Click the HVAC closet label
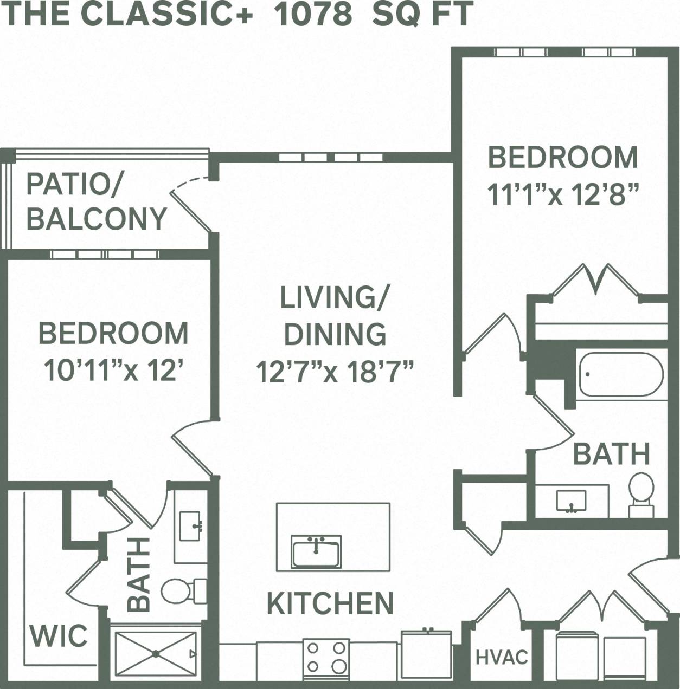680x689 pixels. click(502, 657)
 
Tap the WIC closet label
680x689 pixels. click(59, 636)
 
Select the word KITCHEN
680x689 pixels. click(330, 603)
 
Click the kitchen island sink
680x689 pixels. click(316, 552)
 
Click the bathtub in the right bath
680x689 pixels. click(621, 375)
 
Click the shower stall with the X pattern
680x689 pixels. click(156, 654)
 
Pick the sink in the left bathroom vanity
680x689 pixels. click(190, 526)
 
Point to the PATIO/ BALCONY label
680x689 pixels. click(97, 201)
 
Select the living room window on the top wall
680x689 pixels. click(331, 158)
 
